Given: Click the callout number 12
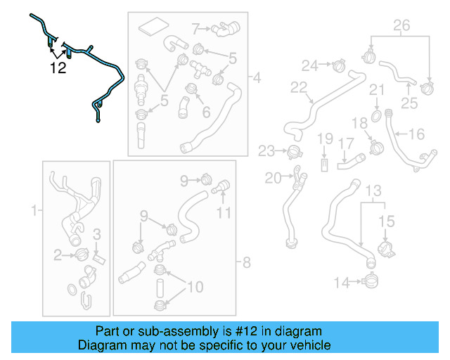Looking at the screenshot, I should tap(58, 68).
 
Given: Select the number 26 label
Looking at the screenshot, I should tap(401, 27).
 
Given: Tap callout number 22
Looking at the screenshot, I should tap(299, 87).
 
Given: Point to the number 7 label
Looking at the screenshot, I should tap(197, 29).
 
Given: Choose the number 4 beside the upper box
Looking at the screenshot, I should tap(256, 77).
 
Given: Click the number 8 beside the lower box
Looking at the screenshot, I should tap(246, 264).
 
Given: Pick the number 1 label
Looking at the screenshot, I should tap(32, 210).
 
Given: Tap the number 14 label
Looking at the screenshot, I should tap(341, 283).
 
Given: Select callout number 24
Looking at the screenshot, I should tap(310, 65).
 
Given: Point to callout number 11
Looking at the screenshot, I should tap(223, 212).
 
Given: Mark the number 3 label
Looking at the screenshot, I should tap(98, 233).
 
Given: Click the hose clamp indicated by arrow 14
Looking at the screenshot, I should tap(371, 283).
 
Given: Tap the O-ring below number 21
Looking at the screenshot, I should tap(376, 115).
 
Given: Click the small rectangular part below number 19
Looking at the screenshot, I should tap(324, 165).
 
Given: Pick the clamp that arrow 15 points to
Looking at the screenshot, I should tap(385, 250).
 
